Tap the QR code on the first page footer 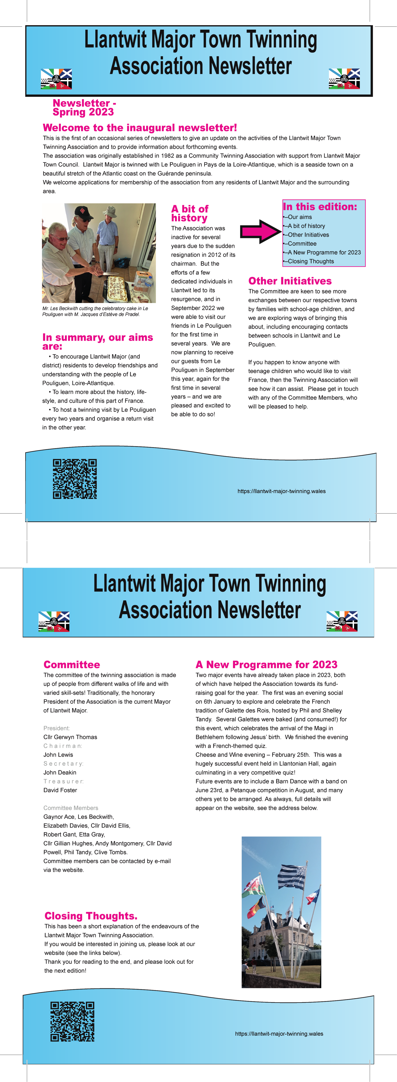[x=75, y=479]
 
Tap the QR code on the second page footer [x=72, y=1022]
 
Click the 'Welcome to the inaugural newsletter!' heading [x=140, y=128]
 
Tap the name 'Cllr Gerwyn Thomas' [x=70, y=737]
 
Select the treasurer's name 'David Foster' [x=60, y=790]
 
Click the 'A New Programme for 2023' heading [x=267, y=664]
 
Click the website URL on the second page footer [x=279, y=1034]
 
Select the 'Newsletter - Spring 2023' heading [x=84, y=108]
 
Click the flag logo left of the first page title [x=56, y=79]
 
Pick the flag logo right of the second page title [x=342, y=621]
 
